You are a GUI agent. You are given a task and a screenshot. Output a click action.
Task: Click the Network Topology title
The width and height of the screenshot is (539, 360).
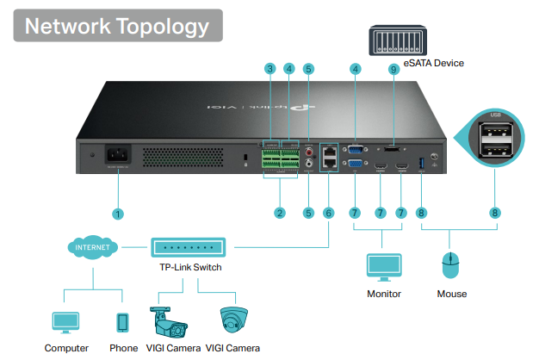[118, 25]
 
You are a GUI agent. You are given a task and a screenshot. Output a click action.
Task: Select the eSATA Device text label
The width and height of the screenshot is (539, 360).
[433, 63]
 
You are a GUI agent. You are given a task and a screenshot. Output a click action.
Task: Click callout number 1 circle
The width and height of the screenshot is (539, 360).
[118, 212]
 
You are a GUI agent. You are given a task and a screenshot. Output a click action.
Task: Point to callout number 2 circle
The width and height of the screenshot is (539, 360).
[278, 212]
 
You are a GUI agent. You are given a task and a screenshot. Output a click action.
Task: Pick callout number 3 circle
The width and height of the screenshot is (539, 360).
[269, 68]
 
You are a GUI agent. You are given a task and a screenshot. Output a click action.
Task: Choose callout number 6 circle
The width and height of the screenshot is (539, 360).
[327, 212]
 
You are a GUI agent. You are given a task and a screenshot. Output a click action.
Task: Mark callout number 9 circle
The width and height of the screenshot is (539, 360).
[393, 68]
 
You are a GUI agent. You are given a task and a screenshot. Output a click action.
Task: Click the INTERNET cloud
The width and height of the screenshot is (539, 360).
[93, 248]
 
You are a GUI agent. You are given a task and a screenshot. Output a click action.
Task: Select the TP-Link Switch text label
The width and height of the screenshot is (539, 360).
[189, 268]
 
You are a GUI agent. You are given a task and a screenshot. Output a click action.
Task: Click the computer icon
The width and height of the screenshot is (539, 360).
[66, 322]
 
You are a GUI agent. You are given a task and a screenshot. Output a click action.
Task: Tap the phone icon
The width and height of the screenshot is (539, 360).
[122, 322]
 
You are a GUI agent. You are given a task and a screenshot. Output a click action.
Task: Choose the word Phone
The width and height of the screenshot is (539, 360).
[123, 348]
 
